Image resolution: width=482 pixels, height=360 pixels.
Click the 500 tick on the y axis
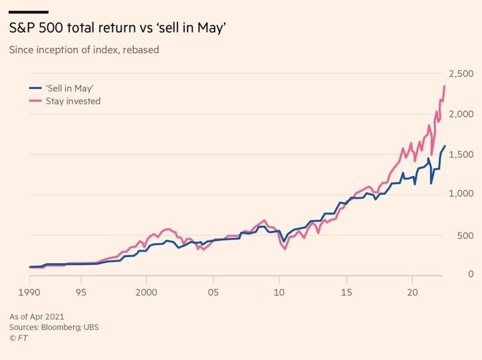point(465,235)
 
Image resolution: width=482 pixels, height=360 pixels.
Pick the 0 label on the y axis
point(469,274)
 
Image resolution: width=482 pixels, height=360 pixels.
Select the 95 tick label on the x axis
point(80,291)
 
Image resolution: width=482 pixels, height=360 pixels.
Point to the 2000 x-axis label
point(146,291)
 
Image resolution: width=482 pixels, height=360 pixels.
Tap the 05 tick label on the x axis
point(213,291)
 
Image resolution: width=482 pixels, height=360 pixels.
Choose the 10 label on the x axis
point(279,291)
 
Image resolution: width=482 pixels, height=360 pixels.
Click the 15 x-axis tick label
point(346,291)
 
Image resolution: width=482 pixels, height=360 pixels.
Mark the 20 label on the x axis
point(412,291)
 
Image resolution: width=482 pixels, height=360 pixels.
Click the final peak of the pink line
point(444,86)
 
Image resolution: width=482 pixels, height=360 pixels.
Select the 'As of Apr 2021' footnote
point(37,316)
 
